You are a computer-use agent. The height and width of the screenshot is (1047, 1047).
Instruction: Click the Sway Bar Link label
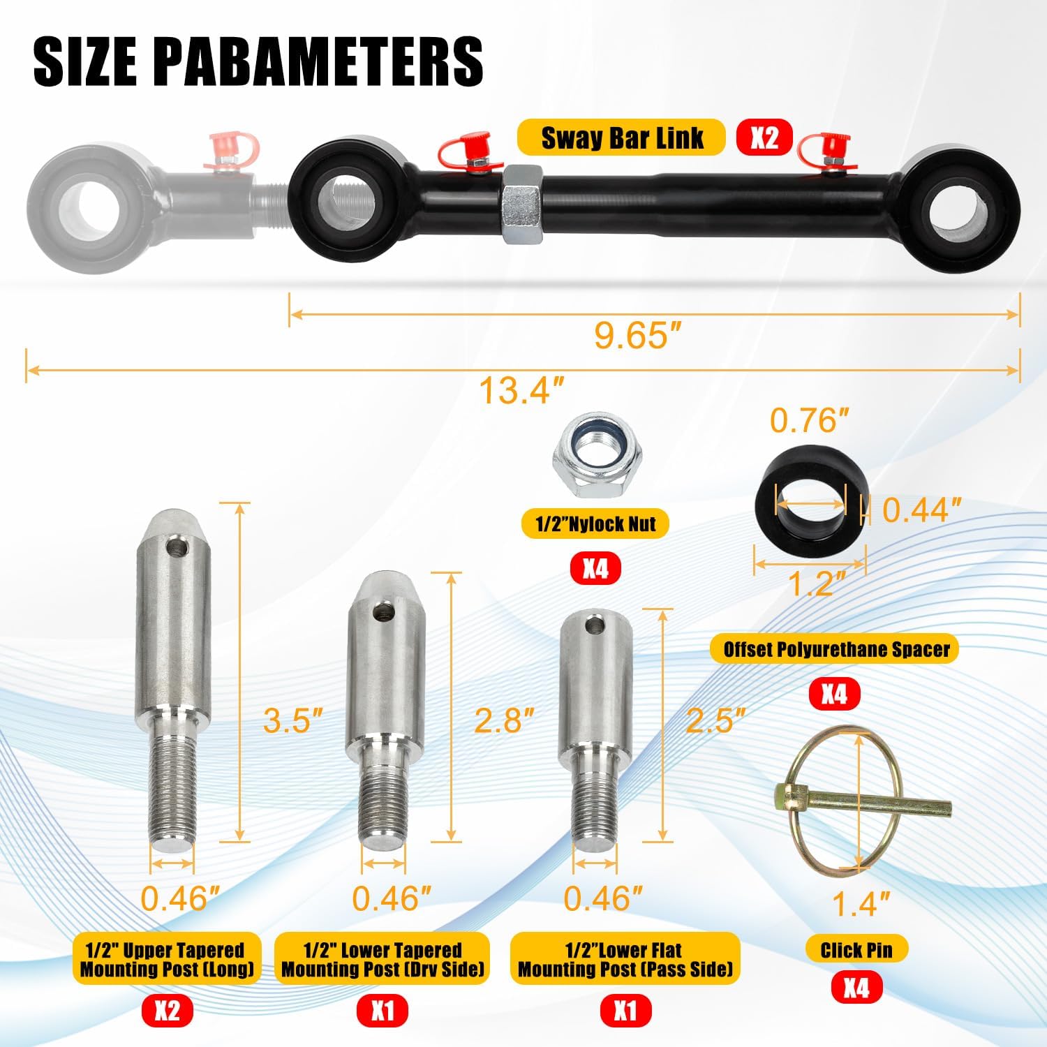pos(622,138)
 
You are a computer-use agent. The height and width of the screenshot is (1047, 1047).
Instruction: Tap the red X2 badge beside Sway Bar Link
pos(764,138)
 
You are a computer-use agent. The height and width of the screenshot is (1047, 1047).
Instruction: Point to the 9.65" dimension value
pos(637,336)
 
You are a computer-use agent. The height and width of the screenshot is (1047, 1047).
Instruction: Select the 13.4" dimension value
pos(521,389)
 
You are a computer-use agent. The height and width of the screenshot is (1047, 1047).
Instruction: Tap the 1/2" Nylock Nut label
pos(595,524)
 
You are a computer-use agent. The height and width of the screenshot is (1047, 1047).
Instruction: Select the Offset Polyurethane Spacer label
pos(836,650)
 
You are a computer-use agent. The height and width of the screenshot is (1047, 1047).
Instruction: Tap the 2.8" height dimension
pos(503,720)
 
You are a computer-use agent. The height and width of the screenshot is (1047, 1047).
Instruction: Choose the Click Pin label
pos(855,949)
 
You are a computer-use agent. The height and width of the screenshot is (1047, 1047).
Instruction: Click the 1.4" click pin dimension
pos(861,904)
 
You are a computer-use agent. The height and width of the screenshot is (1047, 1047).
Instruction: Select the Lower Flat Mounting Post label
pos(625,959)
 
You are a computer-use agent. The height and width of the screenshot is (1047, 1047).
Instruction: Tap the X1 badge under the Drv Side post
pos(383,1011)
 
